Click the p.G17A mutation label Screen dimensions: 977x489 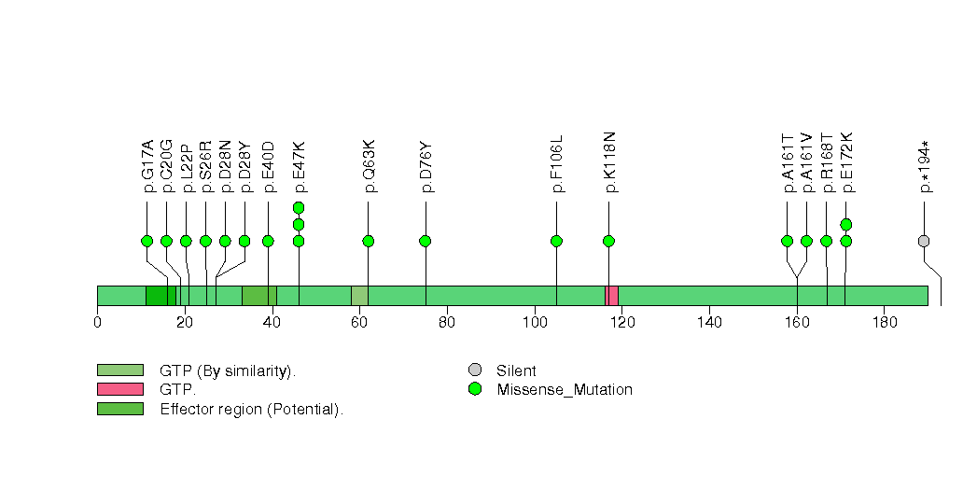(x=147, y=166)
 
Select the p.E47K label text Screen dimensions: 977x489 (x=300, y=166)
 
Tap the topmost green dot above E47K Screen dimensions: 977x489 (x=299, y=207)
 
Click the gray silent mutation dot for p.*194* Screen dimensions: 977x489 (x=924, y=241)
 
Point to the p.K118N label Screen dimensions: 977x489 (x=610, y=162)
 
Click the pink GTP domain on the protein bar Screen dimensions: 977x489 (x=611, y=296)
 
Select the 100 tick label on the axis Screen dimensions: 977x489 (x=535, y=322)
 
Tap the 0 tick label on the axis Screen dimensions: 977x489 (x=97, y=322)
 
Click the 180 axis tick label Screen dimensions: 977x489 (x=885, y=322)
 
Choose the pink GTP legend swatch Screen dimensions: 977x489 (x=120, y=389)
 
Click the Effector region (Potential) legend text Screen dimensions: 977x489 (x=252, y=410)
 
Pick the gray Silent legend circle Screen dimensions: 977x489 (x=475, y=370)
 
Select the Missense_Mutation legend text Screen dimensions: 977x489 (x=565, y=390)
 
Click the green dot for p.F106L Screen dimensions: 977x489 (x=556, y=241)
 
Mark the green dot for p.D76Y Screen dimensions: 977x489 (x=425, y=241)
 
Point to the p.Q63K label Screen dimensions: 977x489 (x=370, y=166)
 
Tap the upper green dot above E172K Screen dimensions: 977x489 (x=845, y=224)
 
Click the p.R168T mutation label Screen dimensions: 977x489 (x=828, y=162)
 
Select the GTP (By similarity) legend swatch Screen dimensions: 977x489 (x=120, y=370)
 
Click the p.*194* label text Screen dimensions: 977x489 (x=927, y=167)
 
